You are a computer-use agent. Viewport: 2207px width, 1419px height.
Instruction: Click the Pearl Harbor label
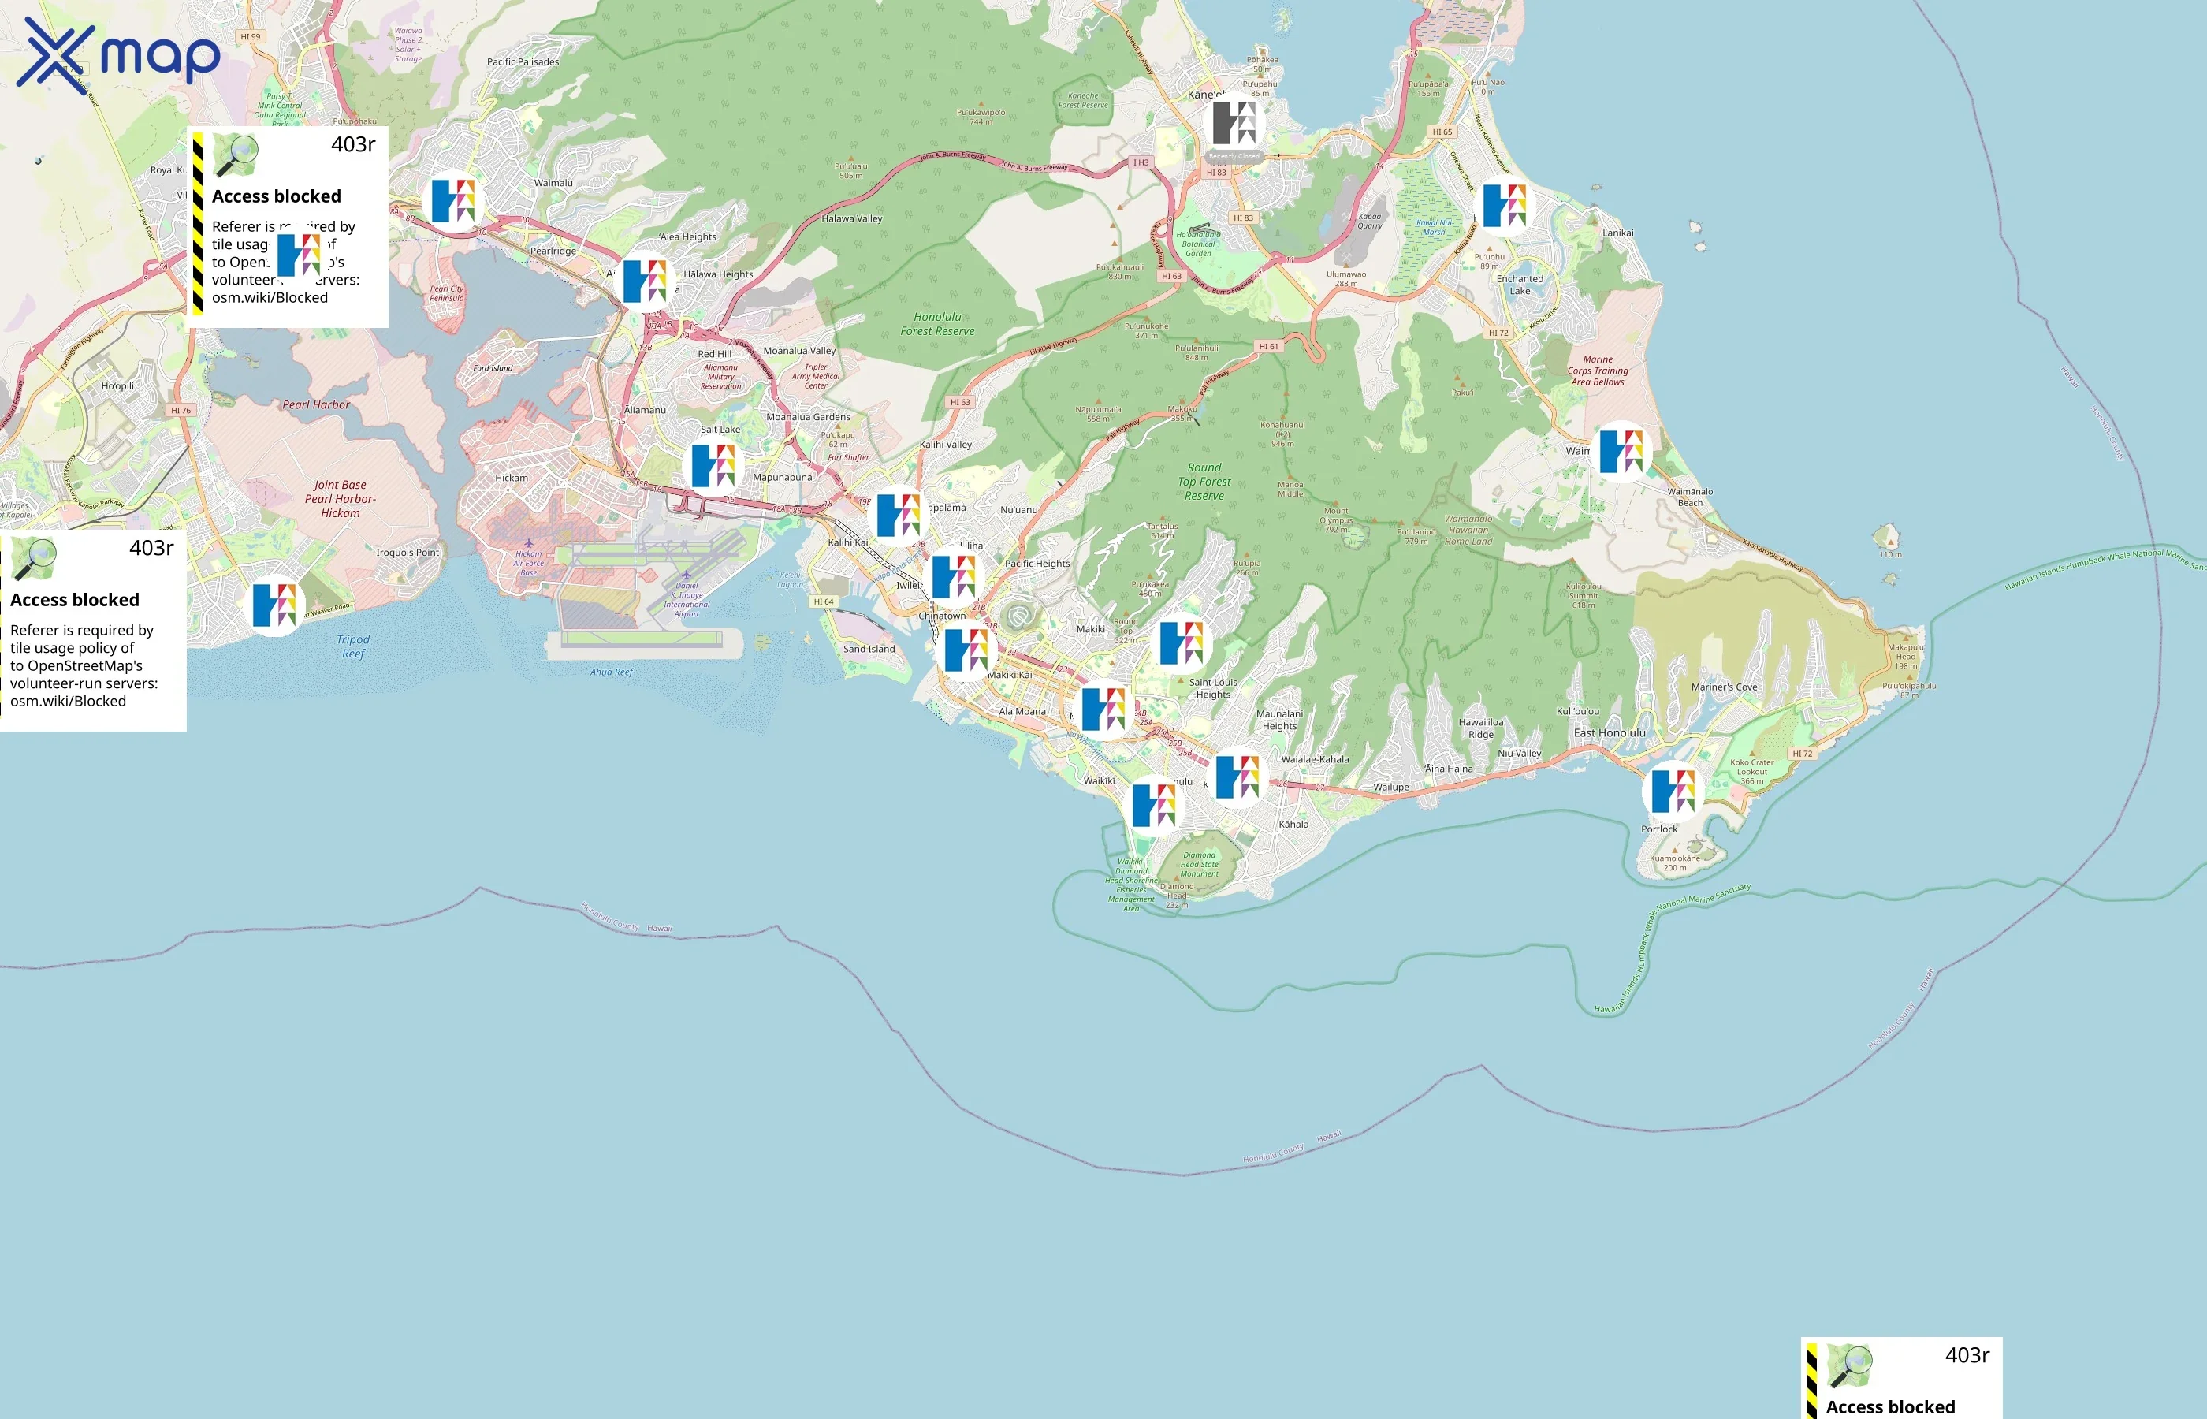pyautogui.click(x=316, y=404)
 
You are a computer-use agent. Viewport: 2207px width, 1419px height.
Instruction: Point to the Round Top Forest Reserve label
pyautogui.click(x=1204, y=481)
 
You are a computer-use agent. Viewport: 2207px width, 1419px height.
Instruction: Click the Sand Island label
pyautogui.click(x=868, y=649)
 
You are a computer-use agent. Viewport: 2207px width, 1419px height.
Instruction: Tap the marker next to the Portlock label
pyautogui.click(x=1672, y=791)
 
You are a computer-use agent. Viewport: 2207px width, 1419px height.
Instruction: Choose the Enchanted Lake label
pyautogui.click(x=1519, y=285)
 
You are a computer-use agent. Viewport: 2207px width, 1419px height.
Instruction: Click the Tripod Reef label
pyautogui.click(x=353, y=646)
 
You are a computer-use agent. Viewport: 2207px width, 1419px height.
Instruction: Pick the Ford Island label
pyautogui.click(x=493, y=367)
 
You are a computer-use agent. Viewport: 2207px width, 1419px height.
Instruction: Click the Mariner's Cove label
pyautogui.click(x=1723, y=687)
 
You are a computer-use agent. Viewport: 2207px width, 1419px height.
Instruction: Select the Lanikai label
pyautogui.click(x=1617, y=233)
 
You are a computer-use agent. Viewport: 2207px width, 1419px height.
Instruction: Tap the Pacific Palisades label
pyautogui.click(x=523, y=61)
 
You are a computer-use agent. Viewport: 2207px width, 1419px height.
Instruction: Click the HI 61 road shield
pyautogui.click(x=1268, y=346)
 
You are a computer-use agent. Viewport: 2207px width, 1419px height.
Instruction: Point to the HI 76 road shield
pyautogui.click(x=181, y=410)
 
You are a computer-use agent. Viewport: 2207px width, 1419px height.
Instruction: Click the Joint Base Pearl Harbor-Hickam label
pyautogui.click(x=340, y=498)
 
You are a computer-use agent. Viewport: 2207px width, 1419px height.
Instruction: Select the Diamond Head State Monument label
pyautogui.click(x=1200, y=863)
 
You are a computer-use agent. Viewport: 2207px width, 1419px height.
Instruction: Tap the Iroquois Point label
pyautogui.click(x=408, y=553)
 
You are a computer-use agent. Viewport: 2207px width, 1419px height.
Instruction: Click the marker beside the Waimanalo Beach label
pyautogui.click(x=1621, y=452)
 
